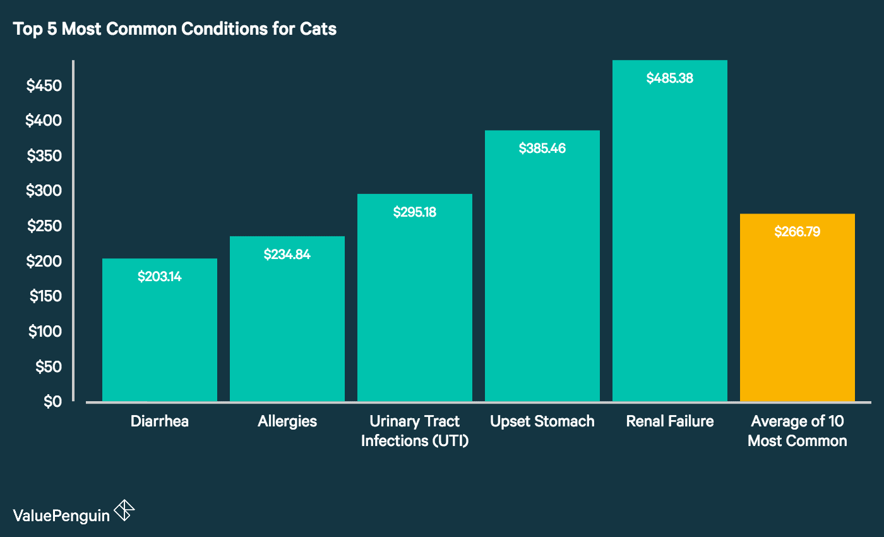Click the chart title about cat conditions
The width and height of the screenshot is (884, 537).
coord(175,30)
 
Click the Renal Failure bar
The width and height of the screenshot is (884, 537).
coord(670,240)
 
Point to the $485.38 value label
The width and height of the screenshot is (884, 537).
coord(670,78)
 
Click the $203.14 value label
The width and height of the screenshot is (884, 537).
coord(160,276)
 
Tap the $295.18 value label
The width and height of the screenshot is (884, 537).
coord(415,212)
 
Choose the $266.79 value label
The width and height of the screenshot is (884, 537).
coord(797,232)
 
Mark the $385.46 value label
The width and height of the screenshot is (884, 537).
coord(542,148)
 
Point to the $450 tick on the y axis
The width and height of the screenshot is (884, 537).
coord(44,86)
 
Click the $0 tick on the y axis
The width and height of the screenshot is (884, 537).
coord(52,401)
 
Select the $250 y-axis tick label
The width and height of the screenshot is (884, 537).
coord(44,226)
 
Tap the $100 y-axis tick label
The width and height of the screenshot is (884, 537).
coord(44,331)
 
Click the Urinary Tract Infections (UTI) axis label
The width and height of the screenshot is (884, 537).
coord(415,431)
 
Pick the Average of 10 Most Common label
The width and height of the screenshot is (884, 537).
coord(797,431)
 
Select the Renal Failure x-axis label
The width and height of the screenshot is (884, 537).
coord(670,421)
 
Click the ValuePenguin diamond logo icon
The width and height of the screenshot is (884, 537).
coord(124,510)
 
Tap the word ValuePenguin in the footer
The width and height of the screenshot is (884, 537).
coord(61,515)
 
